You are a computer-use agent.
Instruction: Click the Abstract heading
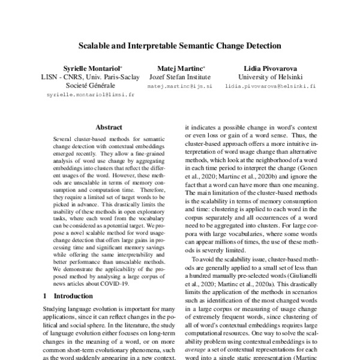click(x=109, y=127)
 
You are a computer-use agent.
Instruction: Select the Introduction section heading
click(x=67, y=296)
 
